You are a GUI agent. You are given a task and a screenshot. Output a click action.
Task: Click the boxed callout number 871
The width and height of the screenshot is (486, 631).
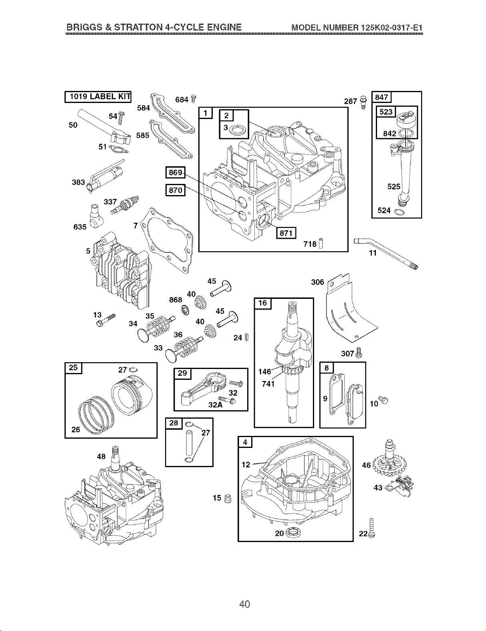point(286,233)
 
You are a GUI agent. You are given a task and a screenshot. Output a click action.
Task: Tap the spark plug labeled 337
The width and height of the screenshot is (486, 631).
point(125,205)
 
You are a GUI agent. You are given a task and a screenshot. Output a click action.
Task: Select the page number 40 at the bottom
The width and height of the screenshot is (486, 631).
point(244,604)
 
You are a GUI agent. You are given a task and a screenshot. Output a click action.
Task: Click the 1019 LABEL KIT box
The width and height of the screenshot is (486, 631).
point(98,97)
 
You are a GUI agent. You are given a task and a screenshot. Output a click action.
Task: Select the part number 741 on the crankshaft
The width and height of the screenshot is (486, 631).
point(268,383)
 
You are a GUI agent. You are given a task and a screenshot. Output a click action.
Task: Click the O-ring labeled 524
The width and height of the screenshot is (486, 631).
point(399,212)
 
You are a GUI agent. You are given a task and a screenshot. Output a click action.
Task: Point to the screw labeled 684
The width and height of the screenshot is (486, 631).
point(194,99)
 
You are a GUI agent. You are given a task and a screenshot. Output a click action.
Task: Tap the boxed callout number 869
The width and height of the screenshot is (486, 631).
point(175,173)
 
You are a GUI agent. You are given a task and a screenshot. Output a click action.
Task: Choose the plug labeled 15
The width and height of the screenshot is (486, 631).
point(228,498)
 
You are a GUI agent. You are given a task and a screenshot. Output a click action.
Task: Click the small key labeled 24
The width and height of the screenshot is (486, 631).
point(247,337)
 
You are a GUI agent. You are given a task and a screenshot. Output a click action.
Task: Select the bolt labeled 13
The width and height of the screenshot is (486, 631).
point(105,321)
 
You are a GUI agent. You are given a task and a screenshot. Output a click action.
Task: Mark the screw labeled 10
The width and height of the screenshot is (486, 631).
point(383,401)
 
